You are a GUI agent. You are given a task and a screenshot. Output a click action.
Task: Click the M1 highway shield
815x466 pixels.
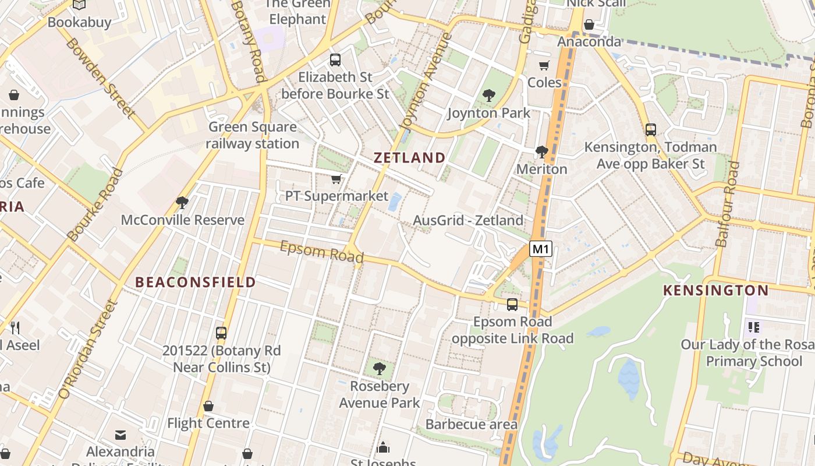point(541,249)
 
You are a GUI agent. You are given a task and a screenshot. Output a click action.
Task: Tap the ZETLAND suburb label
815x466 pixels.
point(409,157)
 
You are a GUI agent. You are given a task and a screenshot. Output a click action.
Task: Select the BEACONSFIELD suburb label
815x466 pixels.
point(196,282)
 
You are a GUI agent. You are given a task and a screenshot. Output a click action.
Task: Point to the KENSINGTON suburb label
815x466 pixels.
point(716,290)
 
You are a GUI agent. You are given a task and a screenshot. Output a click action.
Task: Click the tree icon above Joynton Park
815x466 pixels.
point(488,95)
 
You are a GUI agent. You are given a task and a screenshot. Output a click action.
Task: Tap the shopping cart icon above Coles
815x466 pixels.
point(544,65)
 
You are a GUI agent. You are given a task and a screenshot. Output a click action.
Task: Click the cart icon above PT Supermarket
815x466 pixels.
point(336,179)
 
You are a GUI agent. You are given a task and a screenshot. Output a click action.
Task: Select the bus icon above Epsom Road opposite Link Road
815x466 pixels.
point(512,304)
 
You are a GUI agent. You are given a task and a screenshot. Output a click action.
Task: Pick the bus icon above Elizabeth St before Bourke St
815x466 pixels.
point(335,59)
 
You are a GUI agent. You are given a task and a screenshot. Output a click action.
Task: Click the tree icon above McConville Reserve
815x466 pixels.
point(182,203)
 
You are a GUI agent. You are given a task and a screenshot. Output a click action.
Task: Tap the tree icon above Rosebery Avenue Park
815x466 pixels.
point(379,368)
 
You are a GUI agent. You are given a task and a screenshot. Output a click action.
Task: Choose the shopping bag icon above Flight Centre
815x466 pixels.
point(208,406)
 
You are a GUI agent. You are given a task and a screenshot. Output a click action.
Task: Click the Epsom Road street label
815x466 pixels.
point(322,252)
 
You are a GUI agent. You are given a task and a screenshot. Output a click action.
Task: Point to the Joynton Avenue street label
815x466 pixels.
point(426,82)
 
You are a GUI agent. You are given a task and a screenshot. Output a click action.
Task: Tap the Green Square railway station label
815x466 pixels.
point(252,135)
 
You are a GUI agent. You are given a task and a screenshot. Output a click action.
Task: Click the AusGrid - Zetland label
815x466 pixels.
point(468,220)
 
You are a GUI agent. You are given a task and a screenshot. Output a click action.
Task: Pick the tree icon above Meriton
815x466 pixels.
point(542,152)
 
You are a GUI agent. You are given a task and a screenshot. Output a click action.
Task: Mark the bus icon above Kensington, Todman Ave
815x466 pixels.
point(651,130)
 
